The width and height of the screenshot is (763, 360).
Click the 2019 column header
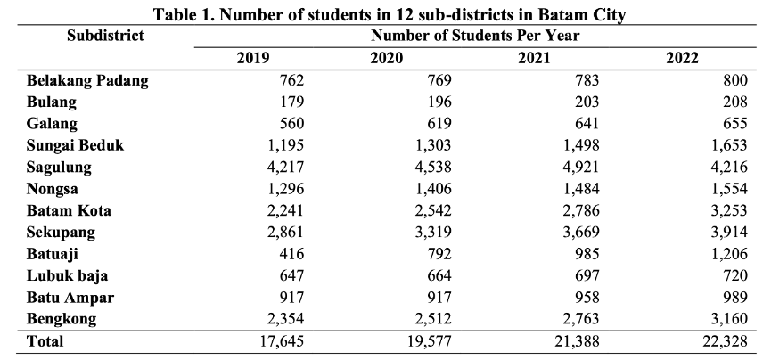(x=253, y=59)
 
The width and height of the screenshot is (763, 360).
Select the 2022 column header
(x=682, y=59)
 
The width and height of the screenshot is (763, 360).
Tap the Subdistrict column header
(x=105, y=36)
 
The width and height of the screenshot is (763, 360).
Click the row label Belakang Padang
(x=87, y=80)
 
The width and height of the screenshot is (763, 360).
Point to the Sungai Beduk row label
(x=76, y=145)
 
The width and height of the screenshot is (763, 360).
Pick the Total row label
(x=45, y=340)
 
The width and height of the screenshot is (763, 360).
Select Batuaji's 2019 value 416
(x=292, y=254)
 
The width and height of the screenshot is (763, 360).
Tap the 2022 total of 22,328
(x=725, y=340)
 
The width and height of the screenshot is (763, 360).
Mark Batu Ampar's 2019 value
(x=292, y=298)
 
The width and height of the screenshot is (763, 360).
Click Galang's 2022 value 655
(x=734, y=124)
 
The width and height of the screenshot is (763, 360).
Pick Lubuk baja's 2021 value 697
(x=587, y=276)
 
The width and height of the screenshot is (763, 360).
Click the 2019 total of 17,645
(x=283, y=340)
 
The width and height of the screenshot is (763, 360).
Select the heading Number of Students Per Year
(x=475, y=36)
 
